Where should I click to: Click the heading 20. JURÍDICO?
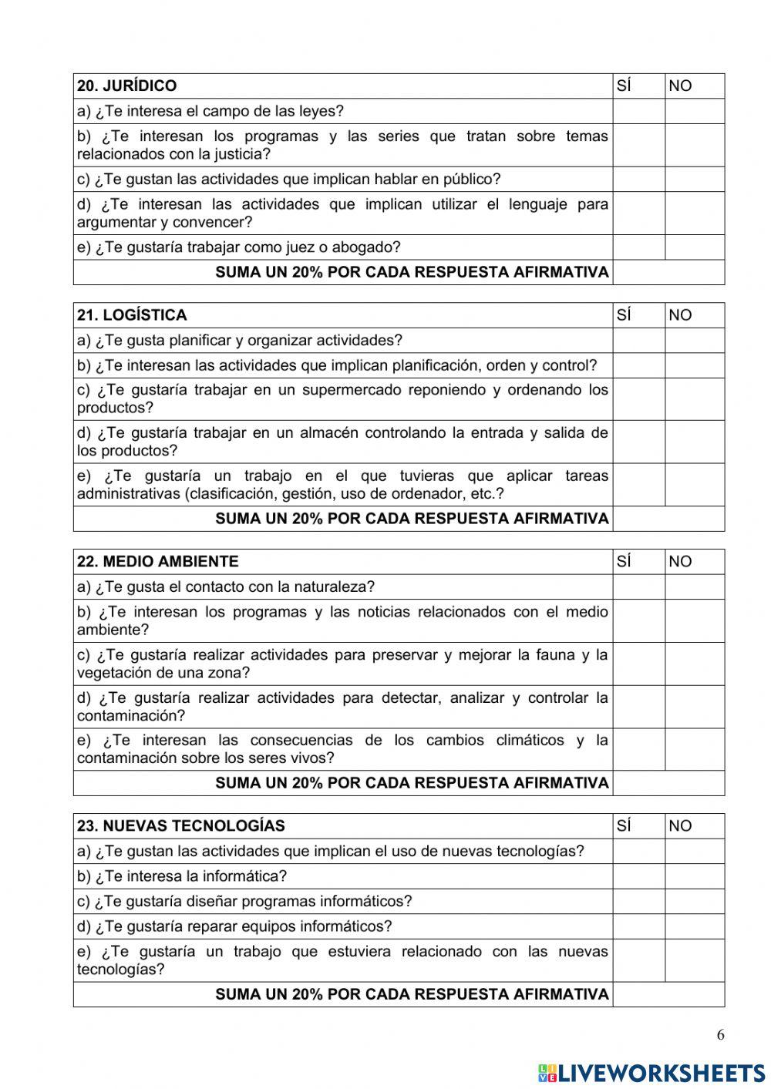coord(127,86)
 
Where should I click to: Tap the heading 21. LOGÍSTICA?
coord(132,315)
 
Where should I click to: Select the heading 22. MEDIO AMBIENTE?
coord(158,562)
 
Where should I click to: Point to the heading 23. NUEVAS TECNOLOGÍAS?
coord(180,826)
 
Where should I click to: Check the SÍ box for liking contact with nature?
coord(638,587)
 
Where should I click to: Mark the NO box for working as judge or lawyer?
coord(694,247)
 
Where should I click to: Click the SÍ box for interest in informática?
coord(638,876)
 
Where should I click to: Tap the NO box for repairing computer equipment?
coord(694,926)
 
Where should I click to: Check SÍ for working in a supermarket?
coord(638,399)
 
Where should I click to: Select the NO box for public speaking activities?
coord(694,180)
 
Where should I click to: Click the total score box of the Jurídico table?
coord(668,273)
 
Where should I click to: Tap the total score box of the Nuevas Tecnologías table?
coord(668,995)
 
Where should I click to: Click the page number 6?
coord(721,1035)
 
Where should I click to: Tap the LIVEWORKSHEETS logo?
coord(651,1073)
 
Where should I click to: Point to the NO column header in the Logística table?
coord(681,315)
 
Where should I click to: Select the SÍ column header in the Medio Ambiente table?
coord(625,562)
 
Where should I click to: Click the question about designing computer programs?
coord(244,902)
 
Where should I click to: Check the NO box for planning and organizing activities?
coord(694,341)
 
